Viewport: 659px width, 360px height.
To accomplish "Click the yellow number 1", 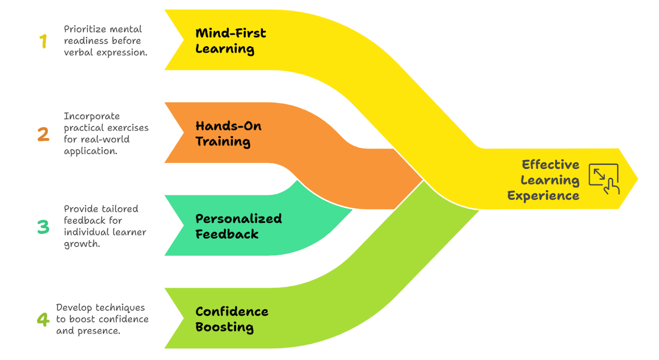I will pos(43,42).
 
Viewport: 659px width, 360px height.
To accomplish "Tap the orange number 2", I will pos(43,134).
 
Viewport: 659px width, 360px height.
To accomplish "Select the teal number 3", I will pos(43,227).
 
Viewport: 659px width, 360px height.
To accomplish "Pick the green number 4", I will pos(43,319).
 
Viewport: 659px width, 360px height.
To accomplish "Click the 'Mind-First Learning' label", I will pos(231,41).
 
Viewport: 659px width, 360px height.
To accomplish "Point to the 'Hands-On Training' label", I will pos(228,134).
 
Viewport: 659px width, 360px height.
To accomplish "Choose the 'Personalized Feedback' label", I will pos(239,227).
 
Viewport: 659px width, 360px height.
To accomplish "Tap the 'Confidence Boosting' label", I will pos(232,319).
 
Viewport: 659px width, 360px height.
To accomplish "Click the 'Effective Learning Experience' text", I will pos(544,180).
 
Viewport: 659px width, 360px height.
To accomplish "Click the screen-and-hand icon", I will pos(604,179).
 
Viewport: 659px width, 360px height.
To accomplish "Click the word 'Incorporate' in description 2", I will pos(92,116).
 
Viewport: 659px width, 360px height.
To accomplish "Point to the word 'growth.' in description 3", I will pos(82,244).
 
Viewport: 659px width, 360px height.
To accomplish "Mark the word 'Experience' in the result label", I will pos(543,196).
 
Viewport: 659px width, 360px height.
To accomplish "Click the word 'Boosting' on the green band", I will pos(225,327).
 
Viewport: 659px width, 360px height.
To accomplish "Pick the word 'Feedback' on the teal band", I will pos(227,234).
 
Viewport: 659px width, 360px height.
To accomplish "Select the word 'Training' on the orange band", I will pos(223,142).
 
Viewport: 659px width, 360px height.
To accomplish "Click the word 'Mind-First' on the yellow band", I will pos(231,33).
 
